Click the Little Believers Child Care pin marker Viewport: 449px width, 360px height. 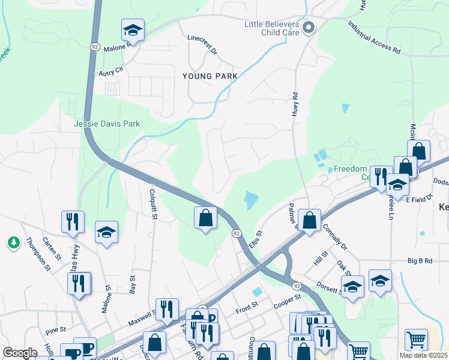click(309, 28)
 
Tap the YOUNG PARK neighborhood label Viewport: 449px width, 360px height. click(210, 76)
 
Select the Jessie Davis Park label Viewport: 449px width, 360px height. click(107, 124)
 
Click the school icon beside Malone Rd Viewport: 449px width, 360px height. click(133, 30)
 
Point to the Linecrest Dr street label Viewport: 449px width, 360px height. click(201, 44)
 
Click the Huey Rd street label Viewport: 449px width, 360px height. click(295, 104)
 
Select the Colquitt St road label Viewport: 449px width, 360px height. click(152, 205)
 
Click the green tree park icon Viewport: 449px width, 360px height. click(13, 242)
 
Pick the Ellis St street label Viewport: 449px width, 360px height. click(254, 242)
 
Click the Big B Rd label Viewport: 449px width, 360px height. click(420, 261)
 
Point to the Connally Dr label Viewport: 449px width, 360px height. click(334, 238)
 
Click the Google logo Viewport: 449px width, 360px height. click(20, 352)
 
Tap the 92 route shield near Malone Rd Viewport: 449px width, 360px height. click(95, 46)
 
